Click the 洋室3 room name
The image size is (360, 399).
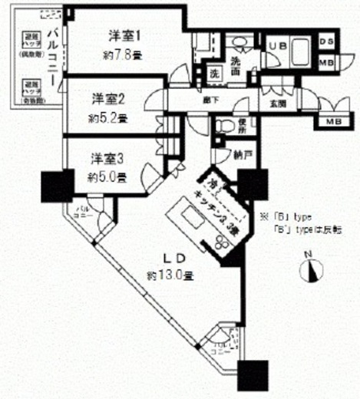(x=108, y=159)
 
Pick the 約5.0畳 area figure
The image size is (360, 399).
(x=109, y=176)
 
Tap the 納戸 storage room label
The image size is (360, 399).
(x=243, y=155)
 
